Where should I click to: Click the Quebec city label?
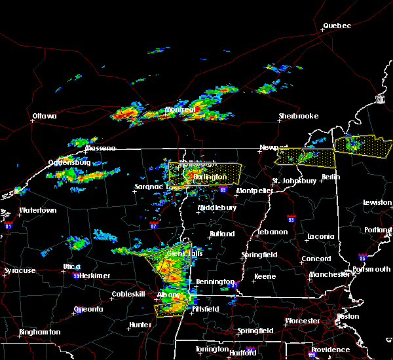click(x=337, y=26)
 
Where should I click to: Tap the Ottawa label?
click(x=45, y=117)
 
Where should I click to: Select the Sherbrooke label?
click(x=298, y=116)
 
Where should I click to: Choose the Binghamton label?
click(x=39, y=332)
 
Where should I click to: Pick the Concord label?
click(x=316, y=259)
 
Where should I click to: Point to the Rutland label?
click(x=221, y=234)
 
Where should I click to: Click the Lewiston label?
click(x=377, y=203)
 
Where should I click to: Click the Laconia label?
click(x=322, y=236)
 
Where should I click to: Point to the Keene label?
click(x=265, y=277)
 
